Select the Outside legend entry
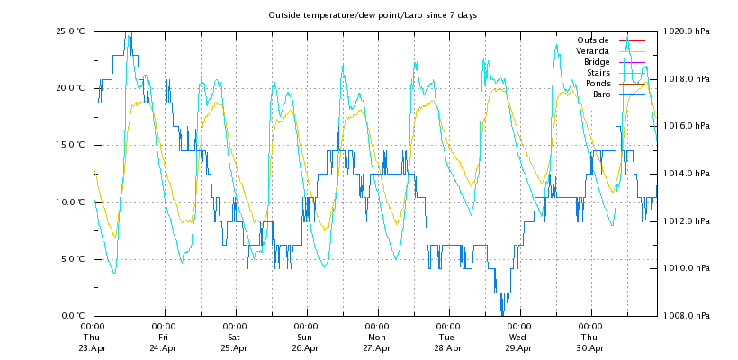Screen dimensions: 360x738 click(592, 40)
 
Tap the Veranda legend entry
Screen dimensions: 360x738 click(592, 51)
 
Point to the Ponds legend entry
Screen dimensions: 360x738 click(597, 84)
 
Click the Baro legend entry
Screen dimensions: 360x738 click(601, 94)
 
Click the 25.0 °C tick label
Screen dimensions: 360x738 click(70, 31)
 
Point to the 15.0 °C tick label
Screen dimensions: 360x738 click(70, 145)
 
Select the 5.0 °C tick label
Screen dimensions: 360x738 click(72, 259)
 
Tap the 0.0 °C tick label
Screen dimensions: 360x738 click(72, 316)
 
